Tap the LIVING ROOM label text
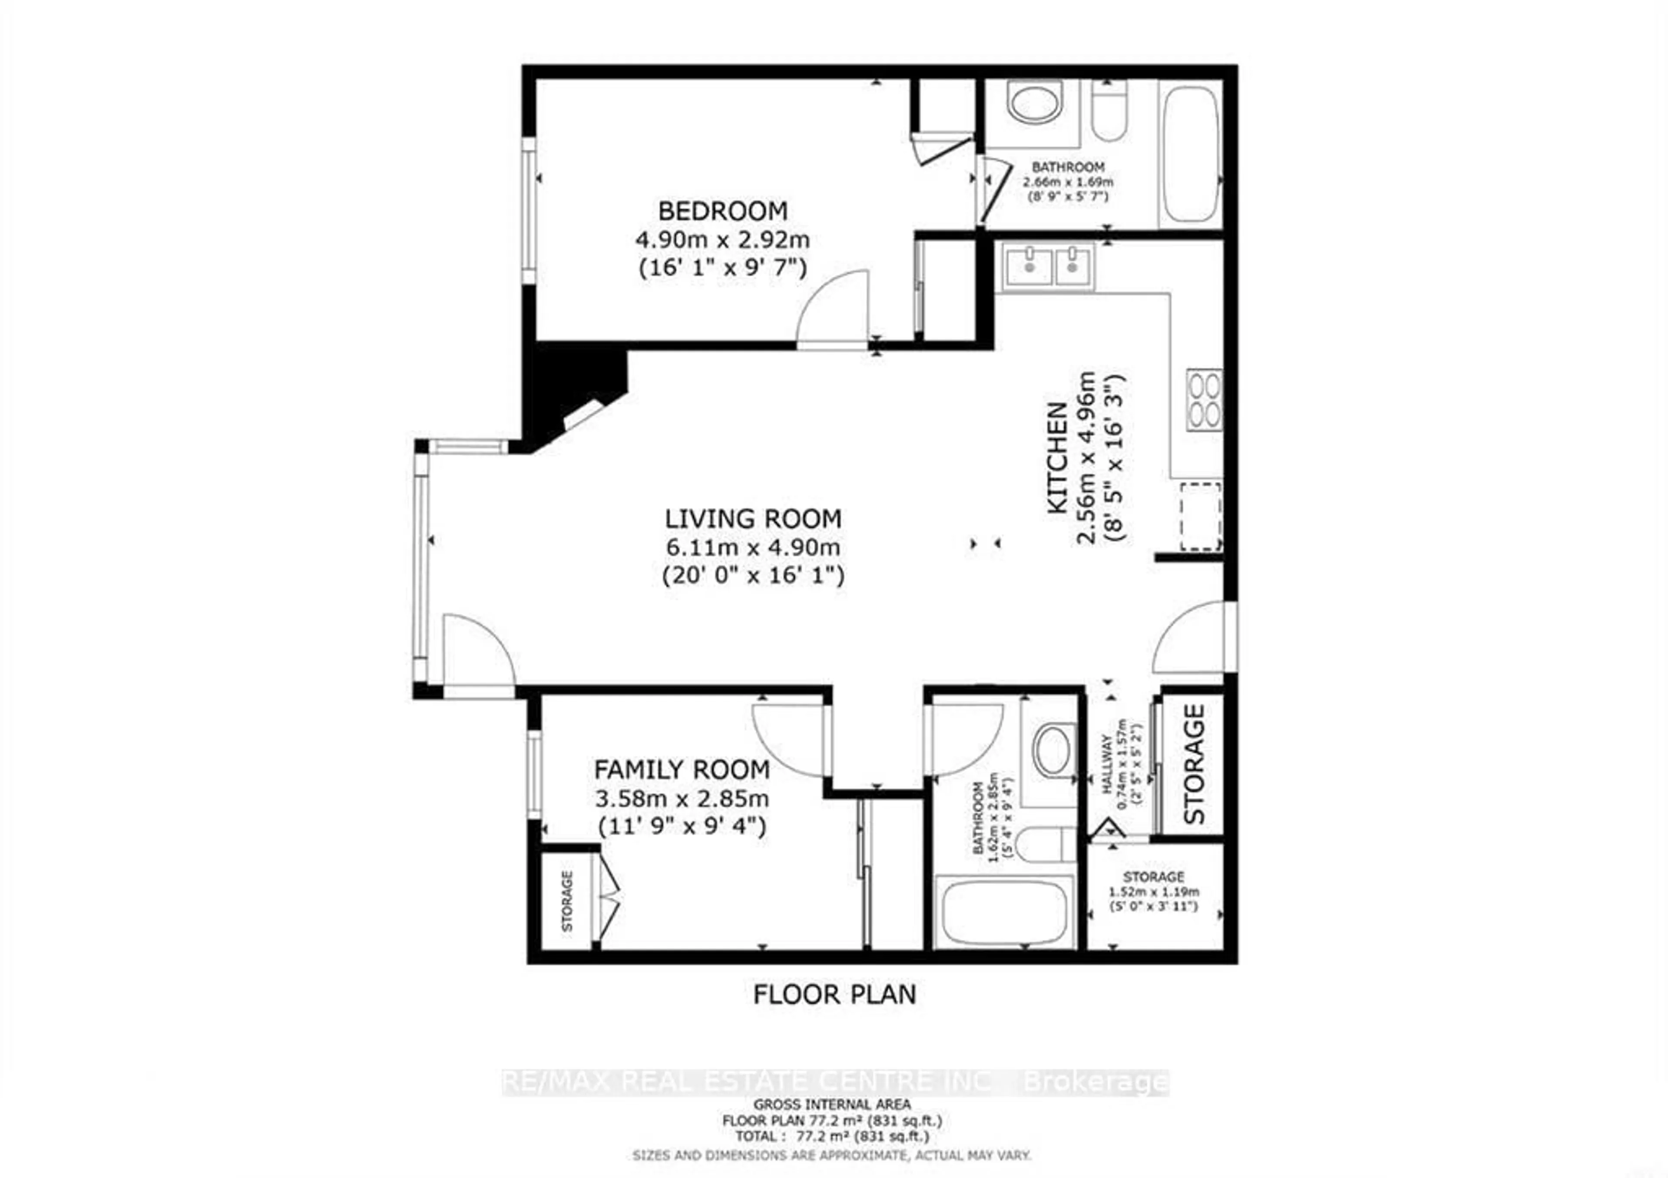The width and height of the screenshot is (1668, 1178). (753, 519)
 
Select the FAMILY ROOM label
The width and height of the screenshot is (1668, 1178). (682, 770)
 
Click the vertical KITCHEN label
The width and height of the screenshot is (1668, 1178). (1058, 459)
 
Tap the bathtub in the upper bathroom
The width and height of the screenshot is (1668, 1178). (1189, 154)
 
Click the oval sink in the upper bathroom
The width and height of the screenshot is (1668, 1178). (1035, 103)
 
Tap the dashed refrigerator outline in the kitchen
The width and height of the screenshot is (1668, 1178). (1200, 516)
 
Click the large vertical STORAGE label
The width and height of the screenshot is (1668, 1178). (1194, 763)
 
